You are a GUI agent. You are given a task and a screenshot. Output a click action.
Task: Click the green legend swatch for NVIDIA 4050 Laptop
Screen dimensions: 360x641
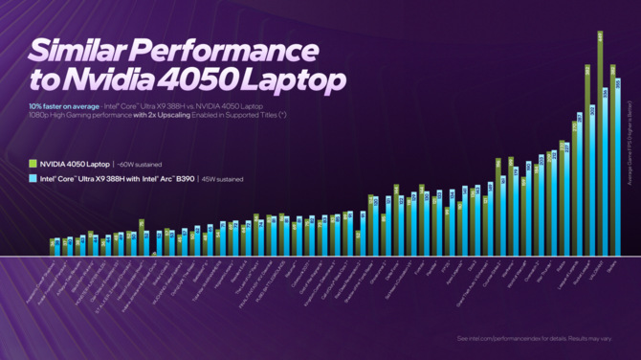(34, 164)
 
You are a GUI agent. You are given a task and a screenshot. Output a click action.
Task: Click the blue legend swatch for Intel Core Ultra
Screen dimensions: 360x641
(34, 178)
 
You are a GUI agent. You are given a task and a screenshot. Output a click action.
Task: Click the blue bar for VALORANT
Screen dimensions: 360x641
(606, 172)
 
